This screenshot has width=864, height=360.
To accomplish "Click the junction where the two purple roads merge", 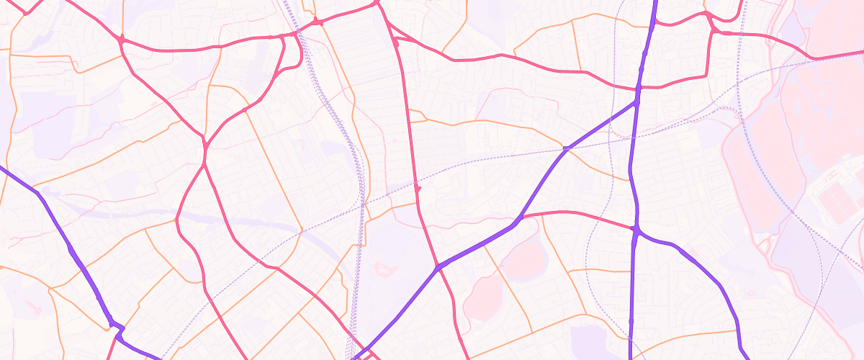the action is pos(637,102).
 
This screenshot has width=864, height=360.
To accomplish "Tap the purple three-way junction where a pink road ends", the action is pos(636,230).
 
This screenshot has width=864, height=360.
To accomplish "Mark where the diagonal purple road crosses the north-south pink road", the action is pos(438,268).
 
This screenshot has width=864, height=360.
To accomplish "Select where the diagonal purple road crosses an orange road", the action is pos(566,149).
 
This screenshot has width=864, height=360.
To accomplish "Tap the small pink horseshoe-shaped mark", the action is pos(385,269).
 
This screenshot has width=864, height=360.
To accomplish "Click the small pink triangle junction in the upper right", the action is pos(714,30).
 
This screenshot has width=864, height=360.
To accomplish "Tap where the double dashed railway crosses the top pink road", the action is pos(297,32).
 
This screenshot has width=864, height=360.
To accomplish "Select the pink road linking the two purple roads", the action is pos(576,214).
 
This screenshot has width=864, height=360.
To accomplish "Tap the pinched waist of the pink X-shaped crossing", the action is pos(204,148).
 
